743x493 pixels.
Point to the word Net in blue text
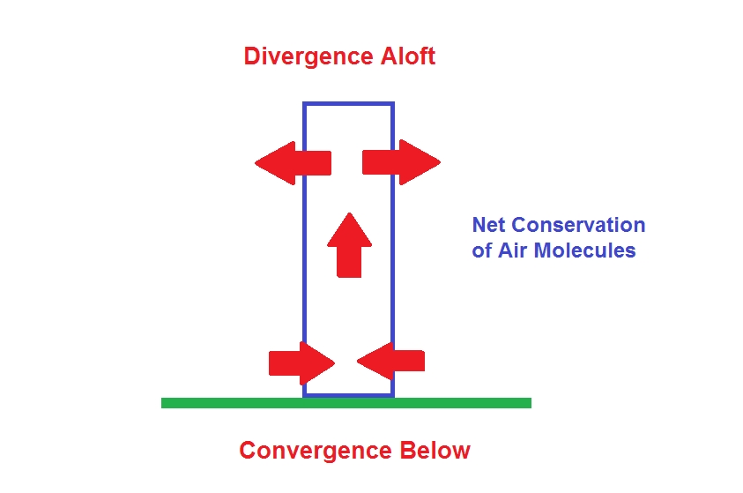(x=489, y=225)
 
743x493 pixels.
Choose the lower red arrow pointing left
(x=391, y=361)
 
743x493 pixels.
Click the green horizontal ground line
(x=345, y=403)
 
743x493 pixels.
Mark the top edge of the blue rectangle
(x=348, y=104)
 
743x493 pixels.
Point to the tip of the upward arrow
(x=349, y=214)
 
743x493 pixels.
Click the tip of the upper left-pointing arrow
(x=256, y=163)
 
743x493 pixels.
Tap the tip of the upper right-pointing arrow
(x=439, y=162)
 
